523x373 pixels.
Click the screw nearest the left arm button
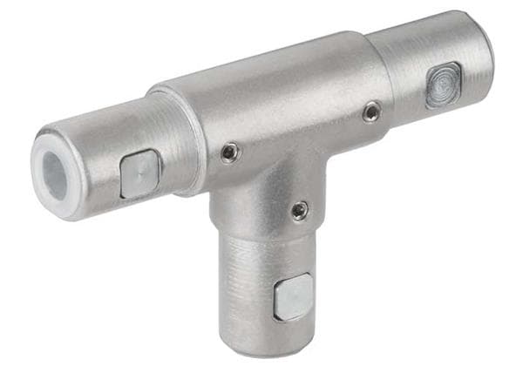[229, 153]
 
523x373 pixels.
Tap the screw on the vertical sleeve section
[299, 210]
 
